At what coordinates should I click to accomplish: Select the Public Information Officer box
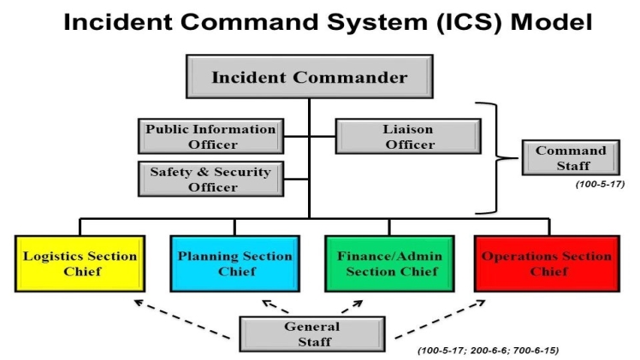click(210, 137)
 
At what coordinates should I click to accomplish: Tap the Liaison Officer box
click(407, 137)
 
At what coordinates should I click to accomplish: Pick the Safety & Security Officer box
click(210, 178)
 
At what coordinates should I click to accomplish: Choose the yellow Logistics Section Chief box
click(80, 263)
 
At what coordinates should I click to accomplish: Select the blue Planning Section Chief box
click(234, 263)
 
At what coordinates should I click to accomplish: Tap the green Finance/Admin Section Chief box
click(388, 263)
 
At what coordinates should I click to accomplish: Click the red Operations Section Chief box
click(546, 263)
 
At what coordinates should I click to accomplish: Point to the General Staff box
click(311, 333)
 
